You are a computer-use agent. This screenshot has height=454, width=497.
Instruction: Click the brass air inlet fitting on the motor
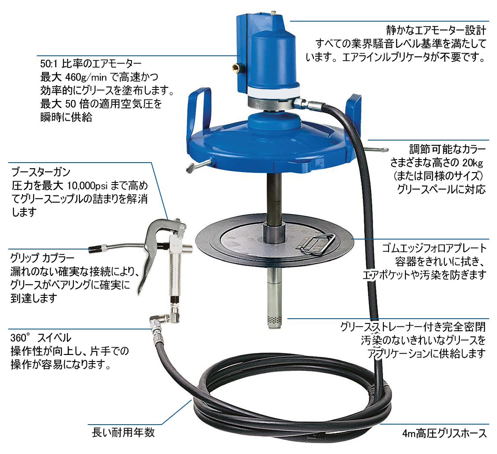click(x=236, y=67)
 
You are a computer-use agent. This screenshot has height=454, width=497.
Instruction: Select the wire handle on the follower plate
click(x=315, y=243)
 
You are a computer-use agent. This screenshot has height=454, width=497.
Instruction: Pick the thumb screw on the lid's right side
click(x=376, y=149)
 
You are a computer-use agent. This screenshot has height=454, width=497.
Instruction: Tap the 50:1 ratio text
click(x=49, y=64)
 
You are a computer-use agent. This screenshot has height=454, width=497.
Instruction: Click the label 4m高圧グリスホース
click(x=444, y=433)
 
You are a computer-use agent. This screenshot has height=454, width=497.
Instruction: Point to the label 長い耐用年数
click(x=123, y=432)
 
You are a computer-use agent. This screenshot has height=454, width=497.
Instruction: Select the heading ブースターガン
click(x=41, y=172)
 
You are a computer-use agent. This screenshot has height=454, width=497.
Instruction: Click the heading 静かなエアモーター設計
click(x=436, y=30)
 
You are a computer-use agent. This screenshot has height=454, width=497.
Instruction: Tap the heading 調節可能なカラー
click(x=447, y=149)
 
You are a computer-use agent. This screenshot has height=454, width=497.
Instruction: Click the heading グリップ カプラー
click(x=42, y=258)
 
